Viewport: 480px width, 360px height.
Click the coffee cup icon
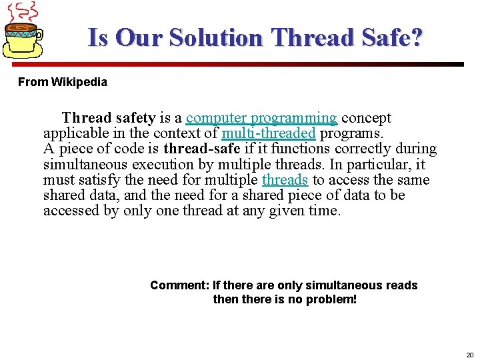24,38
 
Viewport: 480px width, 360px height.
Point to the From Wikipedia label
62,82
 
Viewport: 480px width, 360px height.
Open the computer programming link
261,118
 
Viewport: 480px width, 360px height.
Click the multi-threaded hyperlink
268,133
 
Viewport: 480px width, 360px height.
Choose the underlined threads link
285,180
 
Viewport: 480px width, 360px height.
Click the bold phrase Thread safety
109,118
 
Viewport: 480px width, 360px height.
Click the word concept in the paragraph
366,118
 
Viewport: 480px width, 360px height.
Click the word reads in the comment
401,285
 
